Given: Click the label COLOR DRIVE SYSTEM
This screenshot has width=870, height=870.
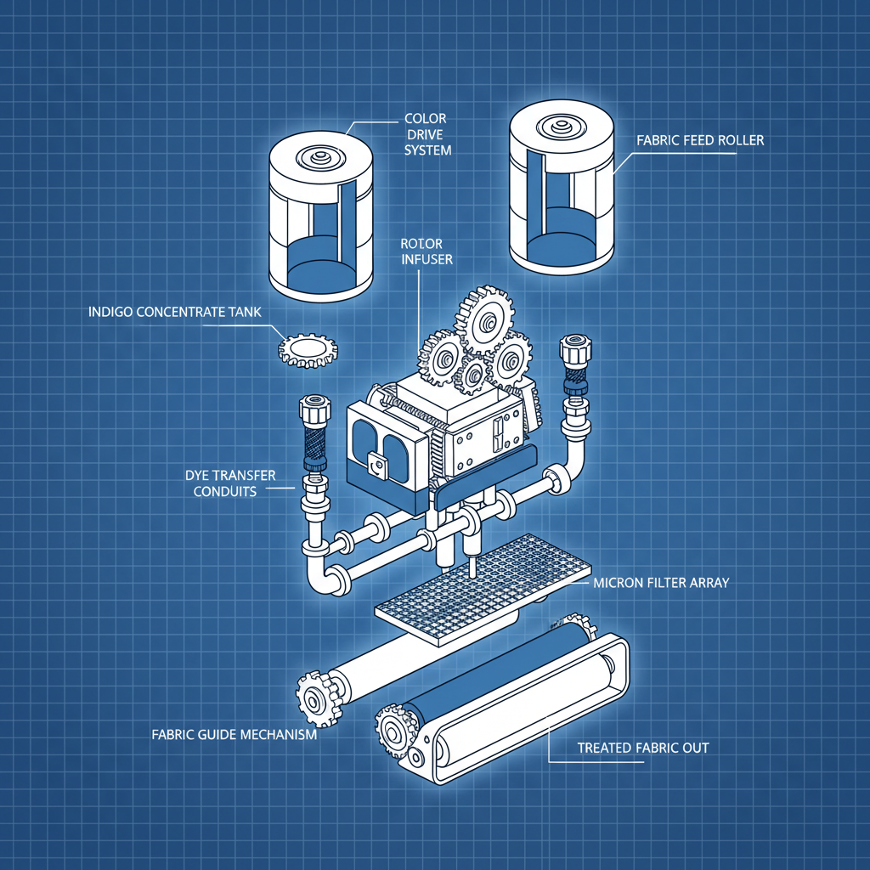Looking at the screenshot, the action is [427, 134].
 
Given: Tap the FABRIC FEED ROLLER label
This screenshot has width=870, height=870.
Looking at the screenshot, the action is [700, 140].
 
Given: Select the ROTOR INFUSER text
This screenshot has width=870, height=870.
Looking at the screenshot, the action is [427, 251].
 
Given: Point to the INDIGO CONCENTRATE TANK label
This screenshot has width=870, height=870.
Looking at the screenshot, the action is [175, 312].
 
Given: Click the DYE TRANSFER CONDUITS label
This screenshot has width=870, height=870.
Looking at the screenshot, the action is [229, 483].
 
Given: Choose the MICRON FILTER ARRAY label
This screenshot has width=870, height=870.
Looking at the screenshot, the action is [661, 583].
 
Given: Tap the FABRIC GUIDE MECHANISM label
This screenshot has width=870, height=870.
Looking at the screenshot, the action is [234, 735].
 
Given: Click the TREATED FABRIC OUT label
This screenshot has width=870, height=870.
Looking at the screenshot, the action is [643, 748].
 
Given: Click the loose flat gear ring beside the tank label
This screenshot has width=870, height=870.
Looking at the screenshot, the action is [308, 351].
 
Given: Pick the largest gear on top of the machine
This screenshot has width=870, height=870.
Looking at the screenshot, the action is [484, 319].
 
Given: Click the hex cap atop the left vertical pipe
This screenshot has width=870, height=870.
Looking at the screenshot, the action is [314, 409].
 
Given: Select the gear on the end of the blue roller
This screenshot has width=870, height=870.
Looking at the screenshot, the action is [396, 732].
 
